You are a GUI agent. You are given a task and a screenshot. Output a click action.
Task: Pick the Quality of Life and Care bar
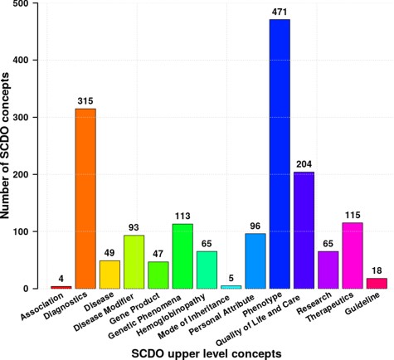pos(304,230)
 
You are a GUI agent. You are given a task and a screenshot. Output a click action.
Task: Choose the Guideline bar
pos(377,283)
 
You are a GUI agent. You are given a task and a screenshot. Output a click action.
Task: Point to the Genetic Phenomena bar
pos(182,255)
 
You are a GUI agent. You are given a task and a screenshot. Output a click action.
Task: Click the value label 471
pos(280,12)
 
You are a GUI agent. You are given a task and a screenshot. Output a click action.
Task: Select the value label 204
pos(304,164)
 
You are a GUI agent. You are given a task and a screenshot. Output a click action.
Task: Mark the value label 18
pos(377,270)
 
